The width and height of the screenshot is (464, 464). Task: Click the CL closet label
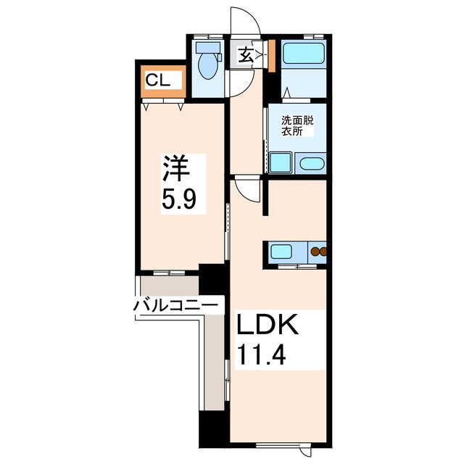pyautogui.click(x=158, y=80)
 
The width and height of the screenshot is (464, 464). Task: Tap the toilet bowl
pyautogui.click(x=208, y=67)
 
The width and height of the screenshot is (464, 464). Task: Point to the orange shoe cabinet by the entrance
pyautogui.click(x=270, y=57)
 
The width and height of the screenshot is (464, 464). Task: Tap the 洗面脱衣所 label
pyautogui.click(x=298, y=127)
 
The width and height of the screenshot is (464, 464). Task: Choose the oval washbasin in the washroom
pyautogui.click(x=311, y=163)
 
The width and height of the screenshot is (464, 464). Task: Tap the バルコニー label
pyautogui.click(x=175, y=305)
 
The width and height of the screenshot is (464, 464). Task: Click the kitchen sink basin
pyautogui.click(x=281, y=253)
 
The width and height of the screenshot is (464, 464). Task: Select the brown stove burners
pyautogui.click(x=318, y=253)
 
